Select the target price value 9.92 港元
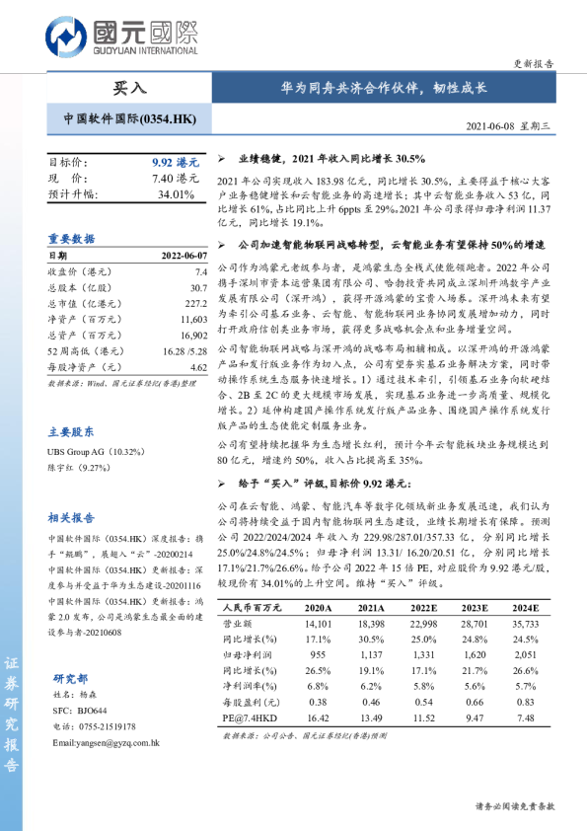tap(176, 162)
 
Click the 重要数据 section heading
tap(72, 238)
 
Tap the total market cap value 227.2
tap(194, 303)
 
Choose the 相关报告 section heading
tap(72, 517)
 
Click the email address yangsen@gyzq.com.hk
tap(106, 742)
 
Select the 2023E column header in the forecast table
tap(473, 609)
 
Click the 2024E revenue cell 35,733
tap(524, 625)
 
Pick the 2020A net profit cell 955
tap(317, 654)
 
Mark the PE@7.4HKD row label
tap(249, 718)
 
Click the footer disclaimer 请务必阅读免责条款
tap(515, 806)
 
